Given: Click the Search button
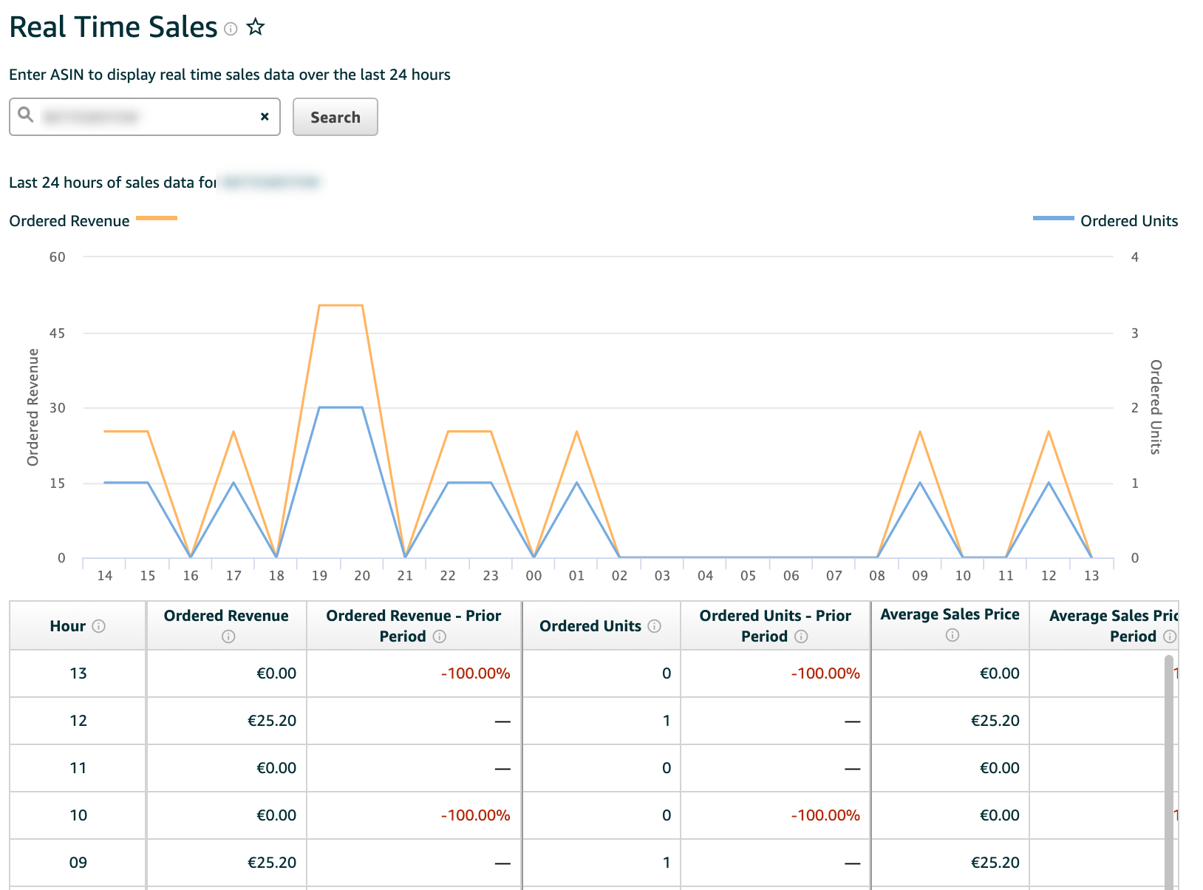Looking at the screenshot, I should [x=335, y=117].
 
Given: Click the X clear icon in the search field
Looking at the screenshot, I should [x=265, y=117].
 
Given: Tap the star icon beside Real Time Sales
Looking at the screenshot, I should [x=256, y=27].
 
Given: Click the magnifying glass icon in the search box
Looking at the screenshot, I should [x=26, y=115].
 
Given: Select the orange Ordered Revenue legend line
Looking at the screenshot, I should [x=157, y=218].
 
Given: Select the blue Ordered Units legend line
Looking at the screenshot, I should [x=1053, y=218].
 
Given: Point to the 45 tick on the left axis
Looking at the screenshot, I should [x=58, y=333].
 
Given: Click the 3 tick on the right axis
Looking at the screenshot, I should [x=1135, y=333].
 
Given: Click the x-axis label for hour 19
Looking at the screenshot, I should [x=319, y=576].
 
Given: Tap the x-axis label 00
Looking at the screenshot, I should [x=534, y=576].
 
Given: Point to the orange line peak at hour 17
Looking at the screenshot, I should [x=234, y=432].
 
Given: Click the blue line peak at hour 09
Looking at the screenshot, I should [x=920, y=483].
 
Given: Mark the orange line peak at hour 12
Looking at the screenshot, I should [x=1049, y=432].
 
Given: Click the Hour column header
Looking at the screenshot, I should [x=68, y=626].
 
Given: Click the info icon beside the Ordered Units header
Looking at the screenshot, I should [x=654, y=626].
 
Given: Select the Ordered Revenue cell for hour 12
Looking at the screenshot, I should [x=272, y=721].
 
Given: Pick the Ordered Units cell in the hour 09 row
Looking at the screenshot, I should [x=666, y=863].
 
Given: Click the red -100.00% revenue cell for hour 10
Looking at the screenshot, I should [x=475, y=815].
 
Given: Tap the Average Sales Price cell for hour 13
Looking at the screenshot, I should [x=999, y=673].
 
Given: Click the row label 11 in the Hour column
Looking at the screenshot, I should [x=78, y=768].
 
